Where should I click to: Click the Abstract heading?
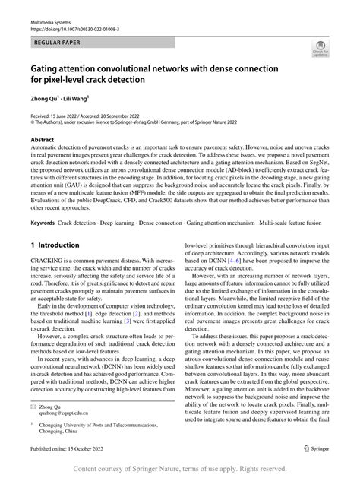(x=43, y=141)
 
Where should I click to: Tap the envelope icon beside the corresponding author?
(x=34, y=407)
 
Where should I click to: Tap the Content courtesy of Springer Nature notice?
(x=180, y=469)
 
